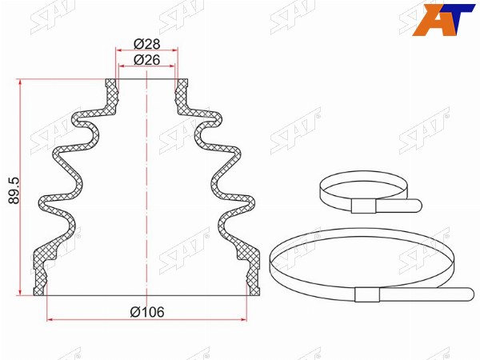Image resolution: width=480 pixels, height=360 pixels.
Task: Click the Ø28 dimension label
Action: pyautogui.click(x=147, y=44)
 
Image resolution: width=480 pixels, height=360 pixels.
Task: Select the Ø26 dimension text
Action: pyautogui.click(x=147, y=60)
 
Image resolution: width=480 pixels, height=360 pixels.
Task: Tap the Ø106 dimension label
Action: pyautogui.click(x=147, y=312)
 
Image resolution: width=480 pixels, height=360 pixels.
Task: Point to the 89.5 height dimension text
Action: pyautogui.click(x=14, y=190)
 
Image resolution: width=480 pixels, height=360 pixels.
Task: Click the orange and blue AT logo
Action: pyautogui.click(x=442, y=19)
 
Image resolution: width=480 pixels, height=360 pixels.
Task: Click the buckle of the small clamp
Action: pyautogui.click(x=363, y=206)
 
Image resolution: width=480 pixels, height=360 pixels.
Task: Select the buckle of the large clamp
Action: pyautogui.click(x=367, y=294)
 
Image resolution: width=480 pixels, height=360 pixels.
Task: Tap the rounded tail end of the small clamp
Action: pyautogui.click(x=418, y=205)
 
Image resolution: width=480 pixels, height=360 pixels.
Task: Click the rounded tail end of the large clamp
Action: pyautogui.click(x=470, y=294)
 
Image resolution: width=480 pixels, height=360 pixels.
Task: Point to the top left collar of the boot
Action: pyautogui.click(x=111, y=92)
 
